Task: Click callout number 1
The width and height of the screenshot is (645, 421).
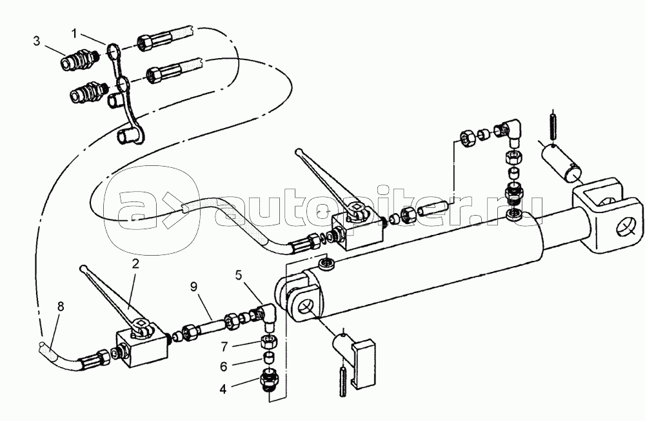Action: coord(74,34)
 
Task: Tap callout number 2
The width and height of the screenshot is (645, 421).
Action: coord(135,263)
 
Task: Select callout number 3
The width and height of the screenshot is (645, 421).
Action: coord(37,41)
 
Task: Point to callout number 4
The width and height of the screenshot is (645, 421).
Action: coord(223,389)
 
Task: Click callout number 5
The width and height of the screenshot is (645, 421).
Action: coord(239,275)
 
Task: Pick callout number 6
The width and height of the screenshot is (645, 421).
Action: coord(223,366)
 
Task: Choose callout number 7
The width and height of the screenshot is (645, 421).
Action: coord(224,347)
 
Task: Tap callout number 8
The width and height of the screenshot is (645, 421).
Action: coord(61,307)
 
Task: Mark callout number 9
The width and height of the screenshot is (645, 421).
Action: coord(193,286)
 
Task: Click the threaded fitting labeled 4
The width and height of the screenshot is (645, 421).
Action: coord(269,378)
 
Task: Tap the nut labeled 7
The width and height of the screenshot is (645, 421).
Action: coord(268,341)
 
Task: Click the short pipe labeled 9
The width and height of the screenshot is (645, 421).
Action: coord(212,326)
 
